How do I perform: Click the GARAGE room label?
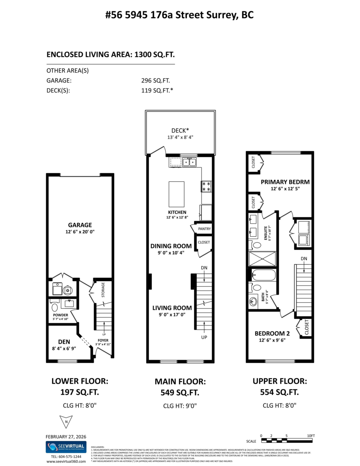pyautogui.click(x=80, y=225)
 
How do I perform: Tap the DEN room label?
pyautogui.click(x=64, y=342)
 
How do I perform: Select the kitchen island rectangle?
pyautogui.click(x=176, y=194)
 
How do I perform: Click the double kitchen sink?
pyautogui.click(x=189, y=162)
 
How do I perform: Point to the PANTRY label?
pyautogui.click(x=204, y=229)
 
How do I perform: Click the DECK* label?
pyautogui.click(x=180, y=131)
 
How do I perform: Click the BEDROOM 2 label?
pyautogui.click(x=272, y=333)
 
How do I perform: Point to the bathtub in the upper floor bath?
pyautogui.click(x=264, y=275)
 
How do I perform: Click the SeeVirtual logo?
pyautogui.click(x=66, y=447)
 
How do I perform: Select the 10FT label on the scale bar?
pyautogui.click(x=310, y=436)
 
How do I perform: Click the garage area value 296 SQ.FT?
pyautogui.click(x=155, y=81)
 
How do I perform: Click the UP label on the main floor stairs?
pyautogui.click(x=204, y=337)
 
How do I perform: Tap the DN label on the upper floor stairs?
pyautogui.click(x=304, y=258)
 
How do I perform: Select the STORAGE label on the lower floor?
pyautogui.click(x=103, y=290)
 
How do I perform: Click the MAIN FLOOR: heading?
pyautogui.click(x=180, y=382)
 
